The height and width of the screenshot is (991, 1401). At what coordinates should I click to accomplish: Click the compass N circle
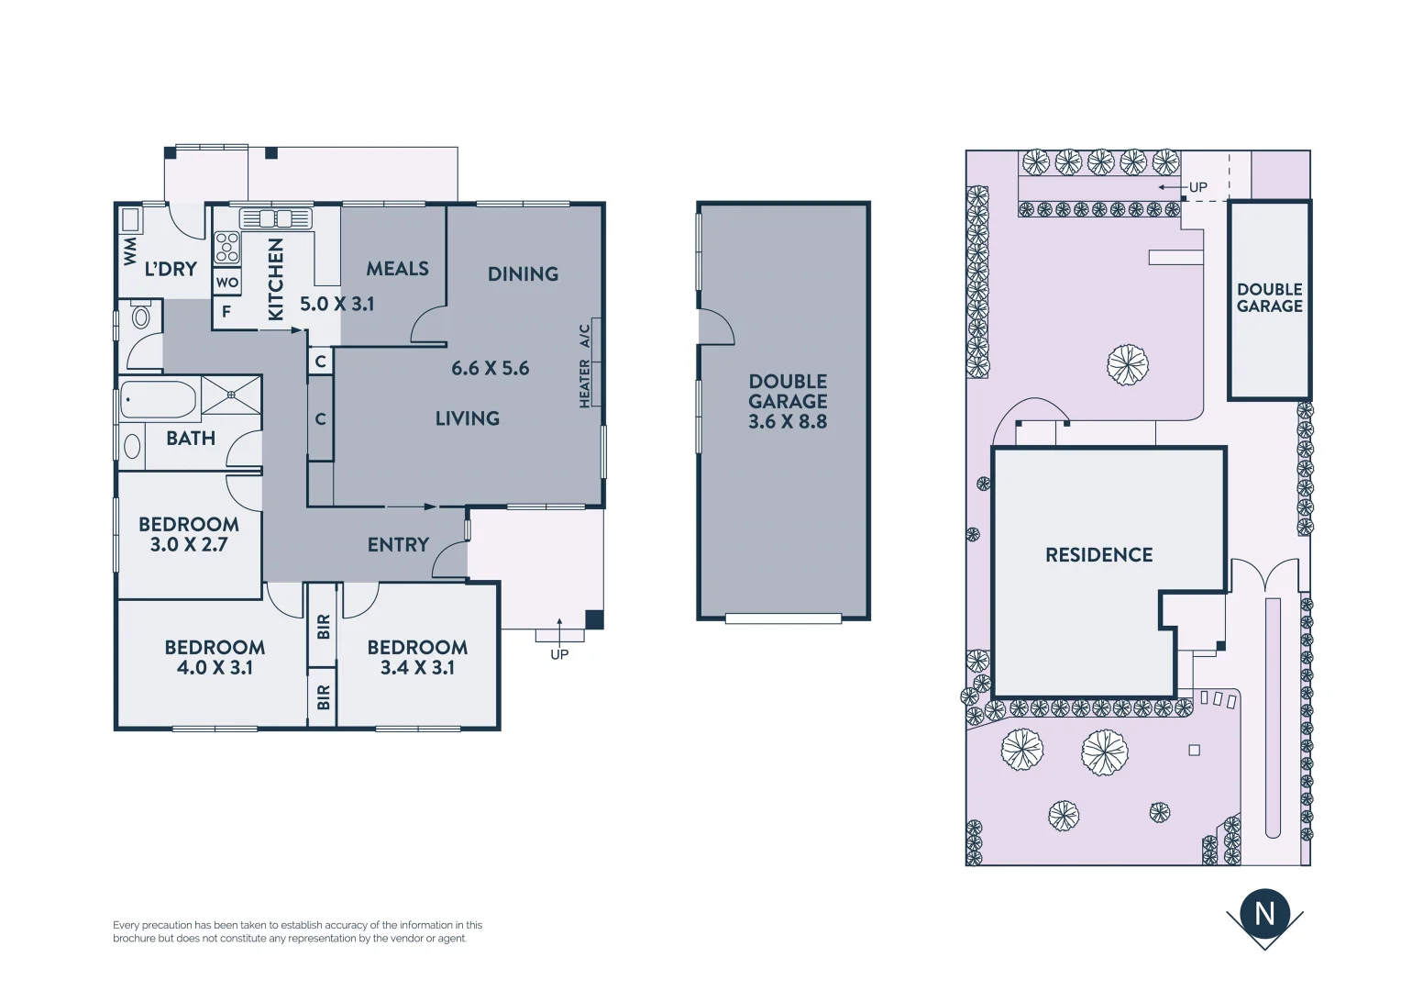[1264, 913]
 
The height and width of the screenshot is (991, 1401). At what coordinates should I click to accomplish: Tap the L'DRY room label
[171, 269]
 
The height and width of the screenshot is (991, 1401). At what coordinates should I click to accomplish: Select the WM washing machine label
[130, 251]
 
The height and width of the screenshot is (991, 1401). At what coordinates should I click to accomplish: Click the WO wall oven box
[227, 283]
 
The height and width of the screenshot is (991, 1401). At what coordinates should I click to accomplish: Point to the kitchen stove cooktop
[226, 247]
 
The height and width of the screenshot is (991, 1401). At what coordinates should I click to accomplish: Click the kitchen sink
[276, 218]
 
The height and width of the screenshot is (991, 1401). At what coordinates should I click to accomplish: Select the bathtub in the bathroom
[158, 400]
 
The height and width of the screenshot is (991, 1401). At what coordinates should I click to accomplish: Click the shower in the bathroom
[231, 395]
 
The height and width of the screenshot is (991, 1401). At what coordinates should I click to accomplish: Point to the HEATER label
[585, 384]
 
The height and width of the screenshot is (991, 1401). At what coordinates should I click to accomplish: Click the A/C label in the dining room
[585, 336]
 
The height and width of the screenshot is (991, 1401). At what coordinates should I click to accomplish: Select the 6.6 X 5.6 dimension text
[490, 368]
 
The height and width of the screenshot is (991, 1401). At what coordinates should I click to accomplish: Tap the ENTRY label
[398, 545]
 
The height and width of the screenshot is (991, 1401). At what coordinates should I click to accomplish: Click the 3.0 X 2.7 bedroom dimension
[189, 544]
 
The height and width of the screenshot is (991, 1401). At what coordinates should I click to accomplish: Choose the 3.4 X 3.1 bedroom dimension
[417, 668]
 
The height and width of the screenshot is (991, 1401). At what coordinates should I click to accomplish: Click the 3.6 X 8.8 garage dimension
[788, 422]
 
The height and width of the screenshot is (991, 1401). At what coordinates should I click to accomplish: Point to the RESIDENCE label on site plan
[1098, 555]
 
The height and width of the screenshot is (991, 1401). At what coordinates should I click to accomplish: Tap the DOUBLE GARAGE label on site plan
[1269, 297]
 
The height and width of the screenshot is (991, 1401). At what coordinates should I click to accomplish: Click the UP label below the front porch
[559, 654]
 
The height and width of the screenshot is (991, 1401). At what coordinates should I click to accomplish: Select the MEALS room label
[397, 269]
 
